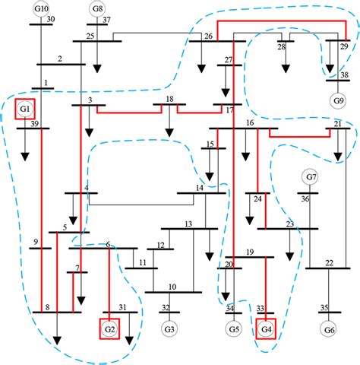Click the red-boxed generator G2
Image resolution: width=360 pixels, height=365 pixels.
[x=109, y=330]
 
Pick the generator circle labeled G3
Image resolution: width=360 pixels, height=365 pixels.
[x=169, y=330]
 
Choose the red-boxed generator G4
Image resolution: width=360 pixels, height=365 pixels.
[x=266, y=330]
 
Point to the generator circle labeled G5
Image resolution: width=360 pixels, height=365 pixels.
[x=233, y=330]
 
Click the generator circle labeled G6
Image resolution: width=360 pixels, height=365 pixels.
[x=329, y=330]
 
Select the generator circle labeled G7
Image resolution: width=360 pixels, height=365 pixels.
[x=310, y=177]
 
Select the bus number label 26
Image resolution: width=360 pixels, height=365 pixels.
[x=207, y=36]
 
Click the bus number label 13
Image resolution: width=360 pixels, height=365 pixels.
[x=187, y=224]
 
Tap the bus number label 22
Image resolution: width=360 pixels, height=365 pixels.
[x=329, y=262]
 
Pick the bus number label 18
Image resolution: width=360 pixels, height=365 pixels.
[x=169, y=100]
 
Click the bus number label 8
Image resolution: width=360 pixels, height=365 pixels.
[x=47, y=307]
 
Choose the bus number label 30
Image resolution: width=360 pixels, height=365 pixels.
[x=50, y=19]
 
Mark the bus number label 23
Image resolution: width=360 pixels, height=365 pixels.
[x=289, y=223]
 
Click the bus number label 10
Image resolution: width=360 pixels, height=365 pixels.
[x=172, y=287]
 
